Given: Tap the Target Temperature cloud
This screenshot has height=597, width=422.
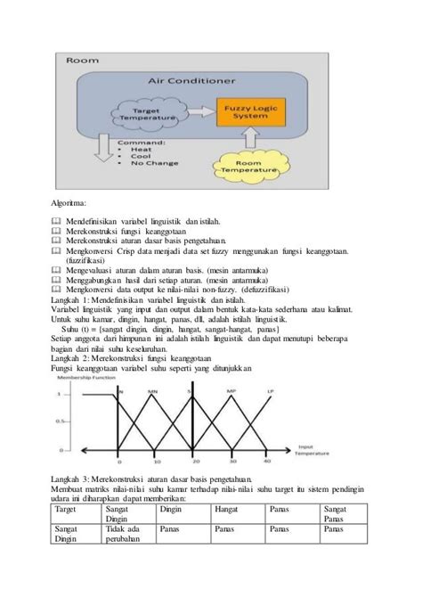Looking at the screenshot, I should click(x=147, y=112).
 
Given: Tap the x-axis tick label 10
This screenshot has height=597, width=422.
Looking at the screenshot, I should click(x=155, y=461).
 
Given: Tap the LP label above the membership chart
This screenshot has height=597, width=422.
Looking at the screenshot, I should click(x=271, y=390).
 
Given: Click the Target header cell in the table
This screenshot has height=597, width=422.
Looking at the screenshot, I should click(x=67, y=510).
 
